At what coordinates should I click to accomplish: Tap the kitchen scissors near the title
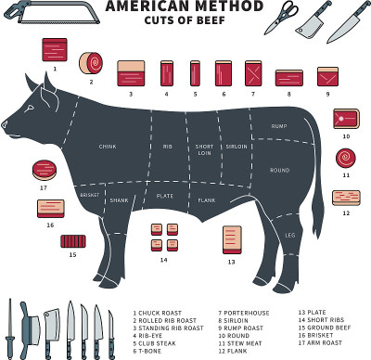281,17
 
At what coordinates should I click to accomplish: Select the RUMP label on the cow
279,126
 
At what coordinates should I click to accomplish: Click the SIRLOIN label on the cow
237,147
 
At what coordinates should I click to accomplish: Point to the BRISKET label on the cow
90,195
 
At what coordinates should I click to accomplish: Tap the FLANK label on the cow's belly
207,200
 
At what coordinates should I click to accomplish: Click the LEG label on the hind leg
290,236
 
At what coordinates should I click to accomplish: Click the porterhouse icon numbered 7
253,73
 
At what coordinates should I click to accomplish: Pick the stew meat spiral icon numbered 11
346,158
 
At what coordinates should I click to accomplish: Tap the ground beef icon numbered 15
73,241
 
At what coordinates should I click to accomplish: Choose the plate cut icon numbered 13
232,240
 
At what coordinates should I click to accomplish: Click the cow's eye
31,109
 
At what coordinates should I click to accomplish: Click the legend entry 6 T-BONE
147,351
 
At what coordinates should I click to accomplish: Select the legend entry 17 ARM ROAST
320,342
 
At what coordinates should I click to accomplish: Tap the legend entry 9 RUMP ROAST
241,328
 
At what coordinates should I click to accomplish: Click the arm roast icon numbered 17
45,171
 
